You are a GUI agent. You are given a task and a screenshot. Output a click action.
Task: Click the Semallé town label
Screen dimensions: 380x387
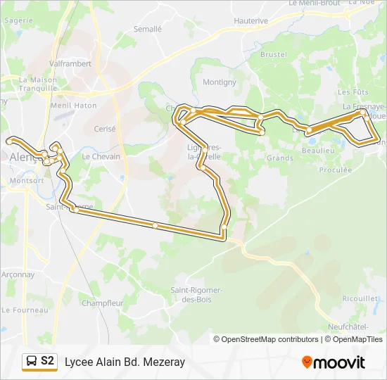tap(148, 30)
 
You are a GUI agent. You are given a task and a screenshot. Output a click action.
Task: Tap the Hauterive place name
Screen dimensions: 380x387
tap(251, 21)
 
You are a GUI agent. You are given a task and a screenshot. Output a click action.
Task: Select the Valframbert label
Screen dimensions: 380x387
tap(71, 63)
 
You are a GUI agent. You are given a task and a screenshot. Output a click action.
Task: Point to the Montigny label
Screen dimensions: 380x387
tap(220, 82)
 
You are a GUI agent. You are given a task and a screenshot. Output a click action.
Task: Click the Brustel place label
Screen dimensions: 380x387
tap(273, 54)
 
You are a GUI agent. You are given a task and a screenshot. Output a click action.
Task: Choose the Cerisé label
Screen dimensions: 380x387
tap(104, 129)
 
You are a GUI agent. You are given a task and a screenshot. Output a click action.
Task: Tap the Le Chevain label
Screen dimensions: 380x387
tap(101, 157)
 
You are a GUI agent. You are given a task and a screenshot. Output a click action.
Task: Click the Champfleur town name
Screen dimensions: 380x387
tap(102, 303)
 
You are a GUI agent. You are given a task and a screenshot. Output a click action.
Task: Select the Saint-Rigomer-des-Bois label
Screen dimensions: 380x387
tap(197, 294)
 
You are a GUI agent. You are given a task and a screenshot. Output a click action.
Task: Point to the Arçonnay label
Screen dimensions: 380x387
tap(18, 274)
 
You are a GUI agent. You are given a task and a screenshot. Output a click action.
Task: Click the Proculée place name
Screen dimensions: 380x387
tap(335, 170)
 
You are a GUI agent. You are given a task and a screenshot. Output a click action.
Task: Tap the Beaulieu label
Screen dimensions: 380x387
tap(317, 151)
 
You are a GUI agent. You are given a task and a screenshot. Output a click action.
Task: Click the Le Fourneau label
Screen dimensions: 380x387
tap(25, 310)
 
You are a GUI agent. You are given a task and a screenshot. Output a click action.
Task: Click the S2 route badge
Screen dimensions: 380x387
tap(47, 362)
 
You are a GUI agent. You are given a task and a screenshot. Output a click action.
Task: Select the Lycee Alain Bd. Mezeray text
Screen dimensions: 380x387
tap(125, 362)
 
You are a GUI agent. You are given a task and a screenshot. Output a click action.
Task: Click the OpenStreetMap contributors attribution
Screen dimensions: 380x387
tap(269, 339)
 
